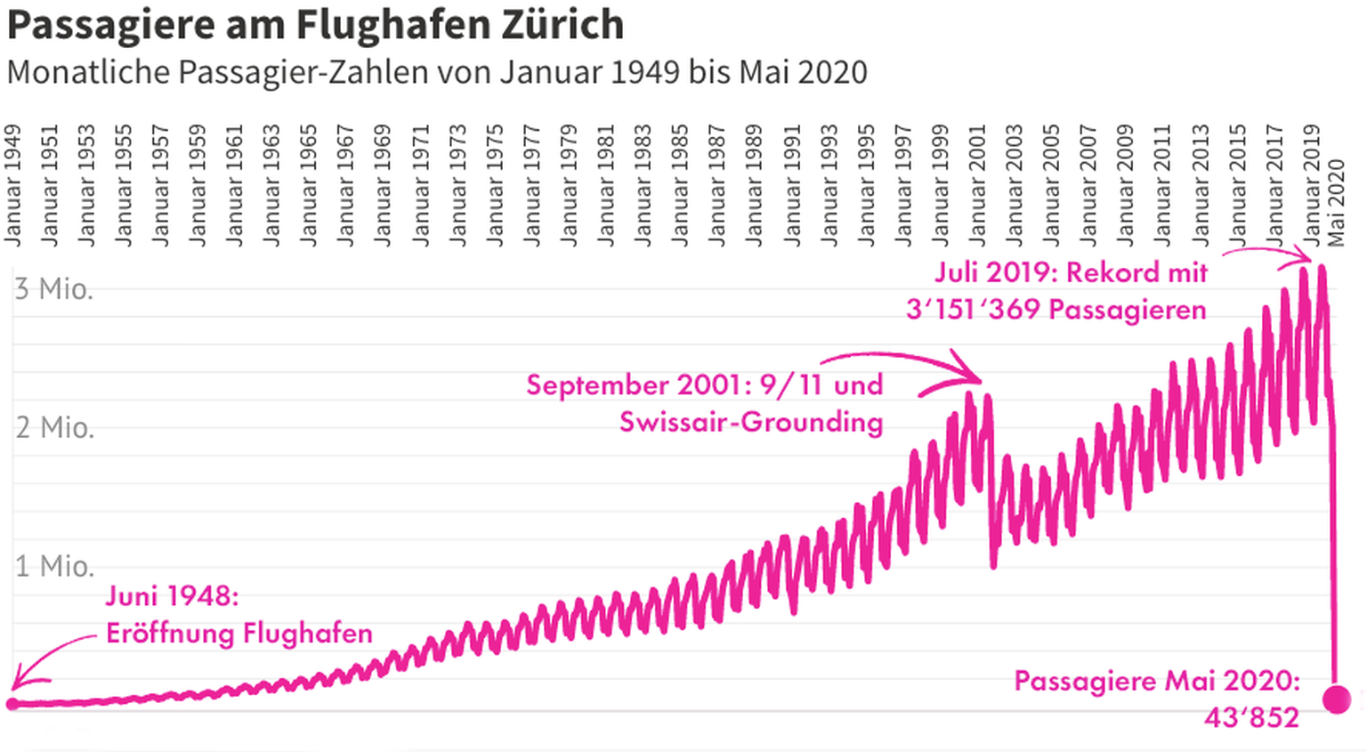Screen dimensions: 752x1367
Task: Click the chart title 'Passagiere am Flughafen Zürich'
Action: [x=315, y=24]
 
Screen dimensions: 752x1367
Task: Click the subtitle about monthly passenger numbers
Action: [x=436, y=72]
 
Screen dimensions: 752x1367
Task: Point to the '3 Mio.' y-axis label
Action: [x=53, y=289]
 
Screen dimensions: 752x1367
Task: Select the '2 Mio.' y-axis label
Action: [x=54, y=428]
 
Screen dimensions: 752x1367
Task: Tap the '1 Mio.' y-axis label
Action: [x=54, y=566]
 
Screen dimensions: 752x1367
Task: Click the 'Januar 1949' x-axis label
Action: [x=12, y=185]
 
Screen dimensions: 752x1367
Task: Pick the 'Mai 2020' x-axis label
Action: [x=1336, y=203]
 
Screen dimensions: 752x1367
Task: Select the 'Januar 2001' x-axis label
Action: [x=978, y=185]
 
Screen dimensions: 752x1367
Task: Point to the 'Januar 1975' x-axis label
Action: [x=495, y=185]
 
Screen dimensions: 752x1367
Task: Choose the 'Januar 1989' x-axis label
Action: [x=755, y=185]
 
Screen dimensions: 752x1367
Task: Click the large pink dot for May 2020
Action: [x=1336, y=699]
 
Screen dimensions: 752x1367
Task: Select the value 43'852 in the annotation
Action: [x=1251, y=717]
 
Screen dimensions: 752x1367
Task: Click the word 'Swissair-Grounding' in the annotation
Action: [x=751, y=422]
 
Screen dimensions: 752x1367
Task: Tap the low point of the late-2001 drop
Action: [x=993, y=564]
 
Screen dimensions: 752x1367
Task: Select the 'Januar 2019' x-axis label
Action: [x=1313, y=185]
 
